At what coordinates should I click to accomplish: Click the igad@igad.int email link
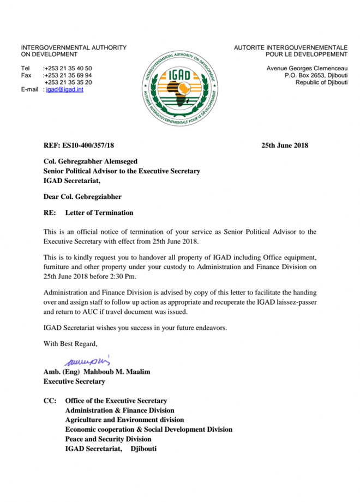tap(65, 89)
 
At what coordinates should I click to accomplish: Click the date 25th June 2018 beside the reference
tap(285, 146)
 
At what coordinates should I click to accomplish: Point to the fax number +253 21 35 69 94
tap(68, 75)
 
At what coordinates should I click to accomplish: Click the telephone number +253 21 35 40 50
tap(68, 68)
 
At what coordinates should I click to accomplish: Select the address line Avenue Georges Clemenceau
tap(307, 68)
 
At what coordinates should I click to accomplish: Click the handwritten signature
tap(87, 360)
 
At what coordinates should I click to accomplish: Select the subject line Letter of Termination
tap(99, 213)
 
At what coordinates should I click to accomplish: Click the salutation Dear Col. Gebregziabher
tap(82, 197)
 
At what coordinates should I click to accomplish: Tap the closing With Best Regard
tap(70, 343)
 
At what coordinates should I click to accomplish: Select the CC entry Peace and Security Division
tap(108, 439)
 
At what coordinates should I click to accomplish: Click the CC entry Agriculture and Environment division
tap(124, 420)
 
